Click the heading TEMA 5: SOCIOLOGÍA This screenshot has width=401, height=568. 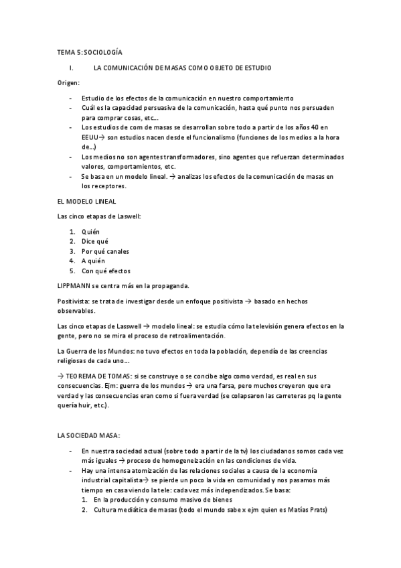[89, 52]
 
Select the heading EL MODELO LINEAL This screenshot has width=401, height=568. [86, 200]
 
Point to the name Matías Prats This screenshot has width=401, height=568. [305, 510]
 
